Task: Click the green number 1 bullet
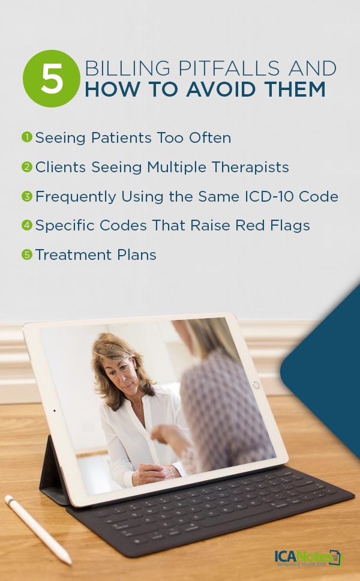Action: click(27, 137)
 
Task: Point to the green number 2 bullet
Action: click(27, 167)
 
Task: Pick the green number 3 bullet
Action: click(27, 196)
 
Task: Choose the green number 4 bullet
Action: click(27, 226)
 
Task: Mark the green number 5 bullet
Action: click(27, 255)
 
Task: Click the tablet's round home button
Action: click(256, 385)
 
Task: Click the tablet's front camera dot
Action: click(55, 411)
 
